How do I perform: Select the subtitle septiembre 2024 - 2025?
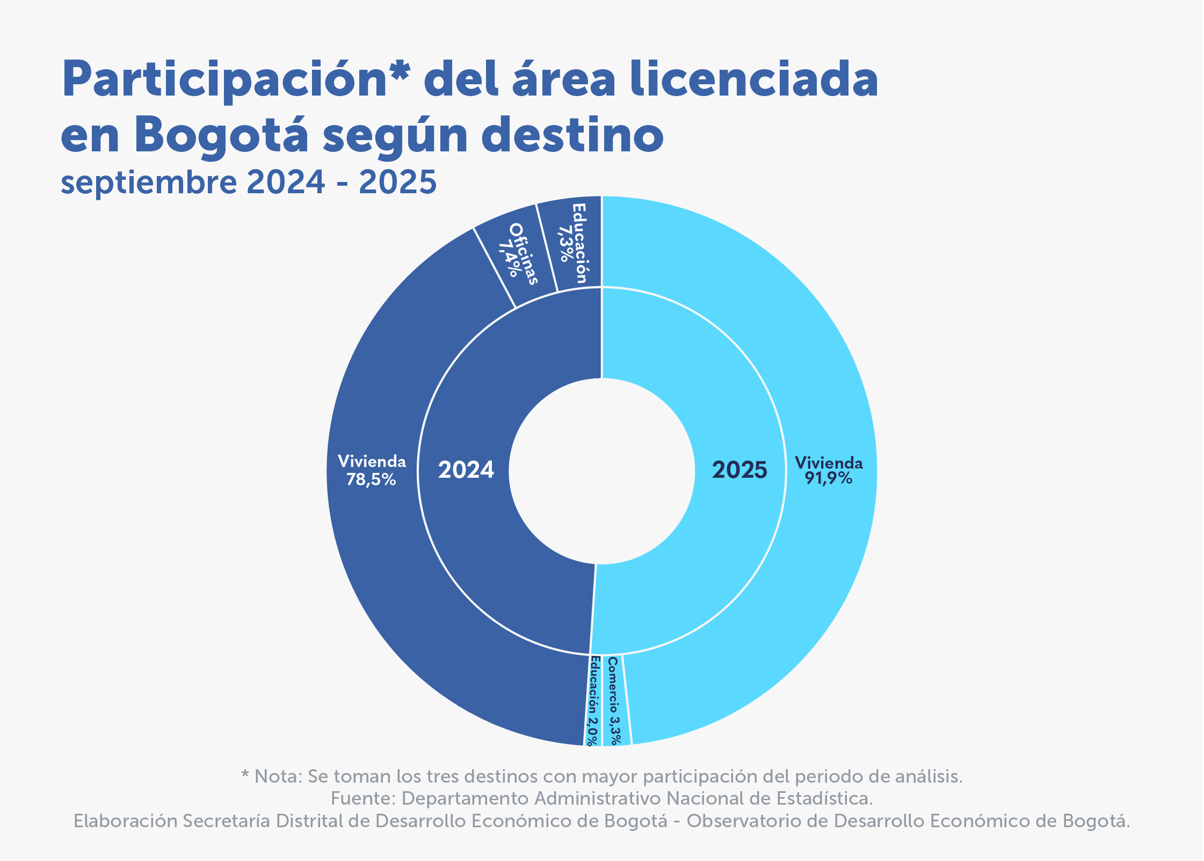[x=249, y=182]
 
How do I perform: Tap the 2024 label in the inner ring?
[x=466, y=470]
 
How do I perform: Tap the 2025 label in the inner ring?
[x=739, y=470]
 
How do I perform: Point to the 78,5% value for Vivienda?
[x=371, y=479]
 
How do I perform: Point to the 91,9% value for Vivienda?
[x=828, y=478]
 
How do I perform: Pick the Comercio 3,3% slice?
[x=614, y=701]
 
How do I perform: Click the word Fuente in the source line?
[x=363, y=799]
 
